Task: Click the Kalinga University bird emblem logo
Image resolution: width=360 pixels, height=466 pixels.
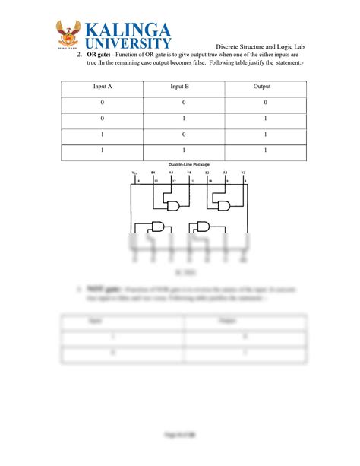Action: [x=72, y=36]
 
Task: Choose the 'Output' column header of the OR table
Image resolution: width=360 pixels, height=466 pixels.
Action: [x=261, y=87]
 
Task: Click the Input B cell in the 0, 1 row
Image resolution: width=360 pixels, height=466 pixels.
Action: [x=184, y=119]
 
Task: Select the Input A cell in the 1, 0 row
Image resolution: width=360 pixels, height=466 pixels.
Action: [x=103, y=135]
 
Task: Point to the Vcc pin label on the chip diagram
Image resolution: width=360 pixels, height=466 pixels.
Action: [x=135, y=173]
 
